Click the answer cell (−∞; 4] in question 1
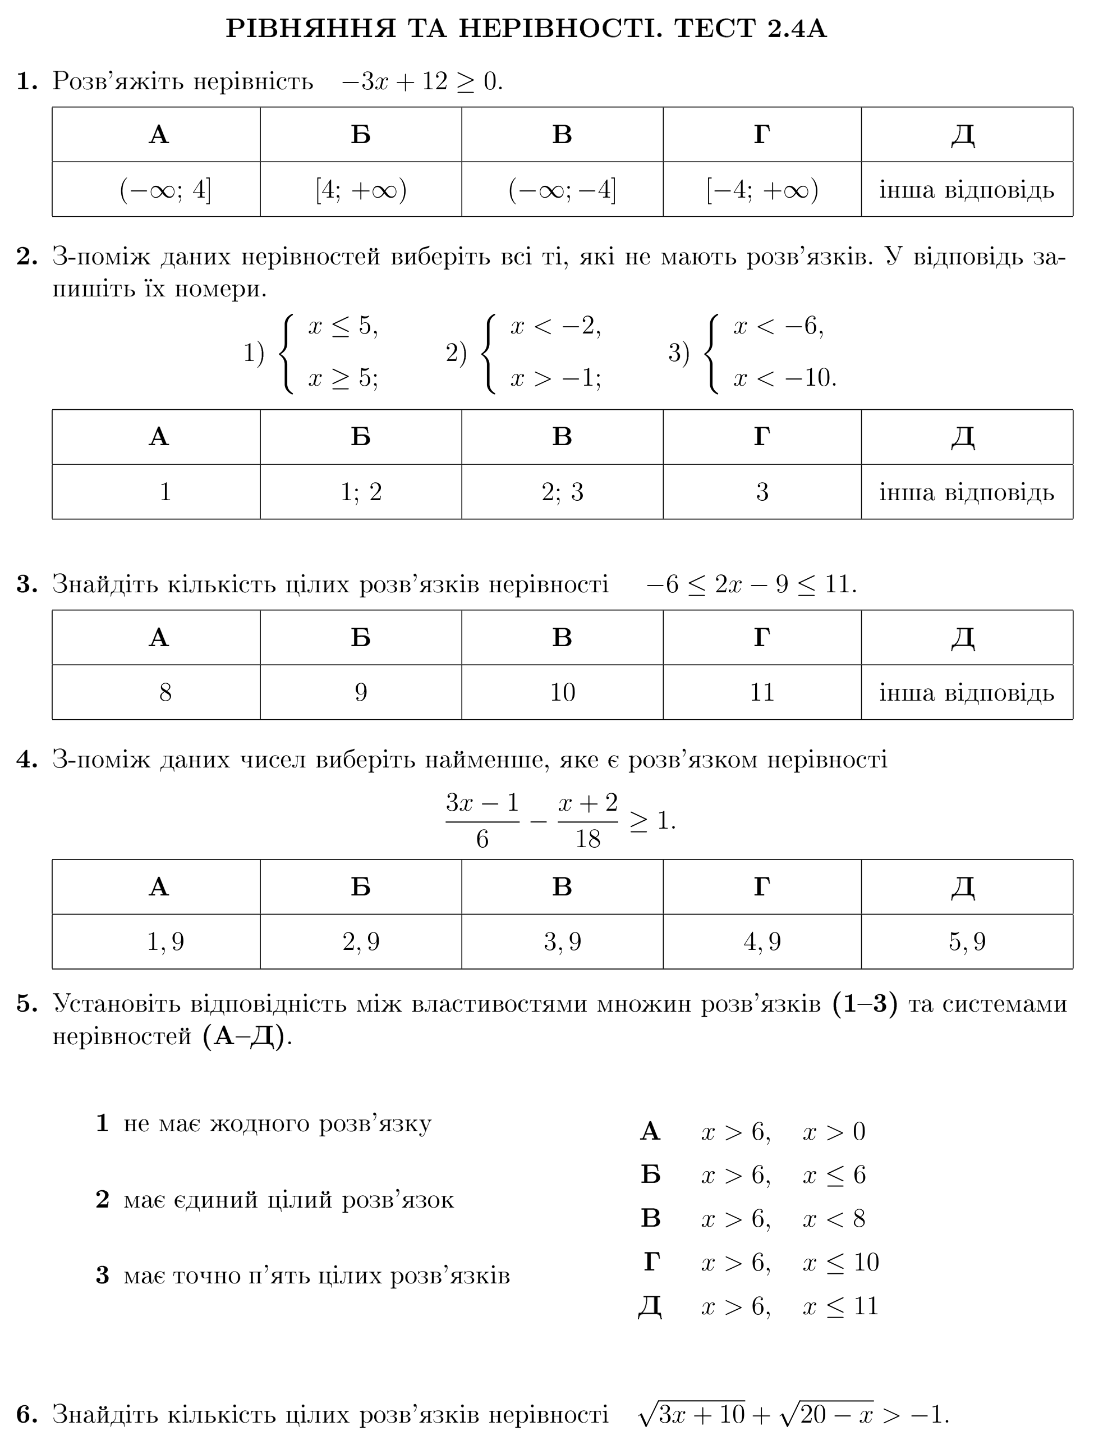point(165,190)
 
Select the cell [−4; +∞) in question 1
point(762,190)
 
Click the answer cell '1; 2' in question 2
point(361,492)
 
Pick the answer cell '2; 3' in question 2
point(562,492)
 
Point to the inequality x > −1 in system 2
point(555,378)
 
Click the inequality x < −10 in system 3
point(784,378)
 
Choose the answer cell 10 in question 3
point(562,692)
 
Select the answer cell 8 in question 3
point(165,692)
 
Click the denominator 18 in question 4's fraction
point(587,839)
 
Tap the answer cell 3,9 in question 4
point(562,942)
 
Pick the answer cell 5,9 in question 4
point(967,942)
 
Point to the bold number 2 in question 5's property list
point(102,1199)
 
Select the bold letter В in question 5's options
point(650,1218)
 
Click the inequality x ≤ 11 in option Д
point(840,1306)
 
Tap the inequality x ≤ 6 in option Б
point(834,1175)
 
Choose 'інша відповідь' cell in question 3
point(967,692)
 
